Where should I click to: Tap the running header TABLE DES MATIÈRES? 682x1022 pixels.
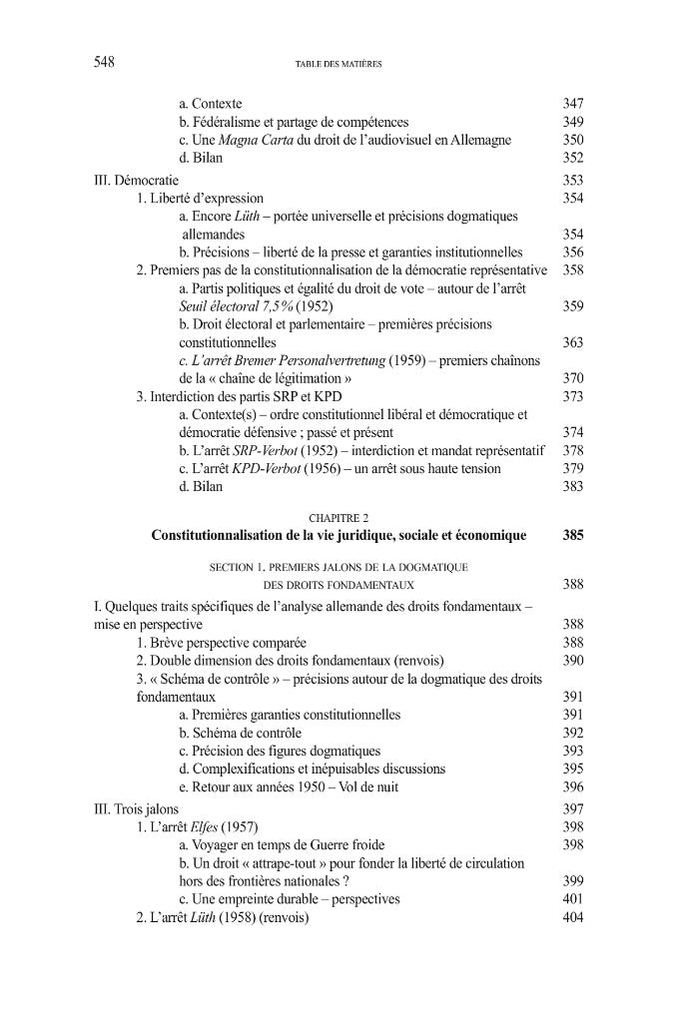click(x=340, y=64)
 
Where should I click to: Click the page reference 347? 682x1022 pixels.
click(x=572, y=104)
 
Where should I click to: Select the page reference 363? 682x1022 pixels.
click(x=572, y=342)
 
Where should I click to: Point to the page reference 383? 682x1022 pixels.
click(x=572, y=486)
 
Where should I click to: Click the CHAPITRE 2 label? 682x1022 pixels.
click(x=339, y=517)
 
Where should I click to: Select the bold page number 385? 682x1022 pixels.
click(x=572, y=535)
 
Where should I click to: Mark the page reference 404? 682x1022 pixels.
click(x=572, y=917)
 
